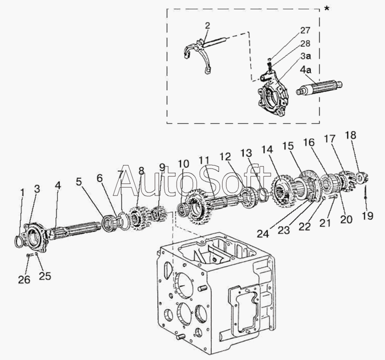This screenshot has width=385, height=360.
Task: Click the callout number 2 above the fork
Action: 207,25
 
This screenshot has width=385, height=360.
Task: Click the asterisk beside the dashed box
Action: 327,9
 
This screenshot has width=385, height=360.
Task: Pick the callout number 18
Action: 350,135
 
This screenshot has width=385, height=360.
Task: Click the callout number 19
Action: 367,216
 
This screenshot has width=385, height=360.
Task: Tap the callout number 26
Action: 23,279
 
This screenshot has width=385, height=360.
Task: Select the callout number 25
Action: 45,276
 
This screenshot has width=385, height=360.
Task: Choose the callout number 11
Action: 204,160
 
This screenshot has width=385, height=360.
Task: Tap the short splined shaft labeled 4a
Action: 320,89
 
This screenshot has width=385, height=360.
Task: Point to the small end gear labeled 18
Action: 361,177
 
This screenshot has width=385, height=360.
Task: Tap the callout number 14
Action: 267,149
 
